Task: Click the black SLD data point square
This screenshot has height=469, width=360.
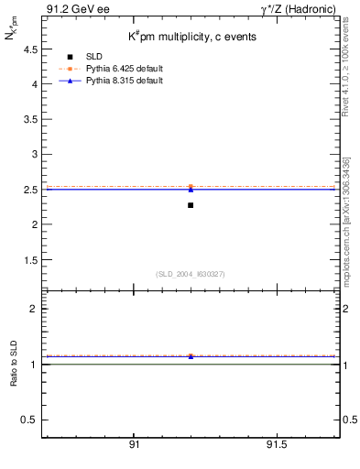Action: coord(191,205)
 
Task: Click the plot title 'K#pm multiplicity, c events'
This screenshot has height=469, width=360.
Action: coord(191,38)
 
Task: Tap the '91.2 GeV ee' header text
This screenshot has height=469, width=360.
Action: coord(71,8)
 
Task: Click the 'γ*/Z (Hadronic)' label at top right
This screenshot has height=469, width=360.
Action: coord(301,8)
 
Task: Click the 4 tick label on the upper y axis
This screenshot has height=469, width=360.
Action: coord(34,84)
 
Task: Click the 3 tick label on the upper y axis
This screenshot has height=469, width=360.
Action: coord(34,154)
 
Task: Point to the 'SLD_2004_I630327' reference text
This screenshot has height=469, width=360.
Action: coord(191,273)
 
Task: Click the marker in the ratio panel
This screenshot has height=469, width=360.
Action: coord(191,355)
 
